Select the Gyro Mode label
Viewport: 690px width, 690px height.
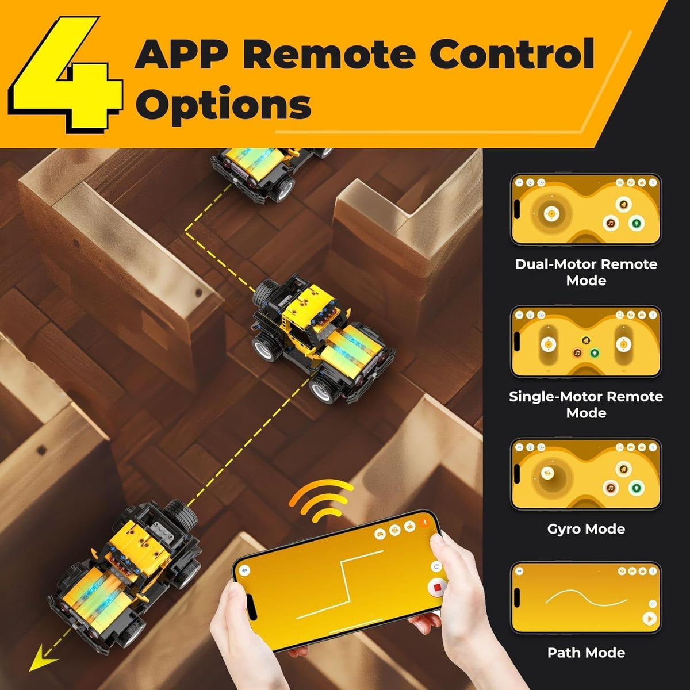pyautogui.click(x=586, y=529)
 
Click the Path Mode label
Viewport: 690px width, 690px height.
pyautogui.click(x=586, y=653)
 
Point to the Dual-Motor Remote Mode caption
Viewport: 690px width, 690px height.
pyautogui.click(x=586, y=272)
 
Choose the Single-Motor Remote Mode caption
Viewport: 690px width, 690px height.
pyautogui.click(x=586, y=405)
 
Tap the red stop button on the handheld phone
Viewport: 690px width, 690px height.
pyautogui.click(x=437, y=587)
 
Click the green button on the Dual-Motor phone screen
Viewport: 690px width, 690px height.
pyautogui.click(x=637, y=223)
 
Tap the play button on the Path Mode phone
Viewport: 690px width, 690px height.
pyautogui.click(x=649, y=618)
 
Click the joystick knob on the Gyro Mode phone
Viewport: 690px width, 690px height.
pyautogui.click(x=547, y=473)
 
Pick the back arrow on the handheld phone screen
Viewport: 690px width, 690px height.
pyautogui.click(x=246, y=571)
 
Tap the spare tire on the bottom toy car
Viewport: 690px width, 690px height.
pyautogui.click(x=180, y=516)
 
